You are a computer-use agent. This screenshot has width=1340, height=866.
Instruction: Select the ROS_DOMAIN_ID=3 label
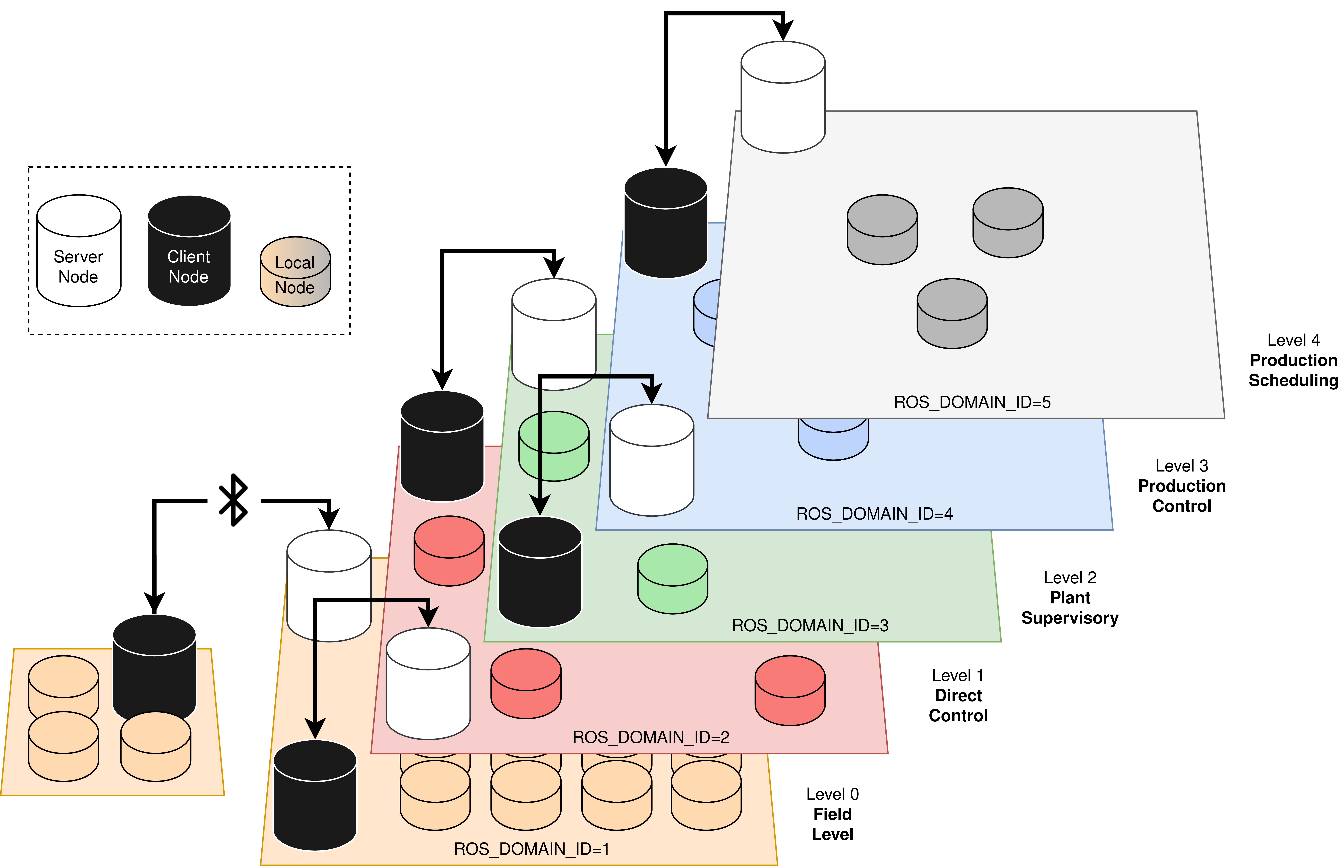click(x=810, y=625)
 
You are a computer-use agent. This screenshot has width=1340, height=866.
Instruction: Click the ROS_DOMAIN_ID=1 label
click(x=532, y=849)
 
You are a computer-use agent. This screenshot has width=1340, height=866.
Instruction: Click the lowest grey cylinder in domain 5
click(x=952, y=314)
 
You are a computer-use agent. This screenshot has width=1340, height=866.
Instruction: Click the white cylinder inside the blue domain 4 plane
click(x=652, y=460)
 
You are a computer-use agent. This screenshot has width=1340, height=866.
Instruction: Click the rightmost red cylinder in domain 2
click(x=790, y=691)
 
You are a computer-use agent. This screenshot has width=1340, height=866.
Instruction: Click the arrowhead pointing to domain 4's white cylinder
click(x=652, y=393)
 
